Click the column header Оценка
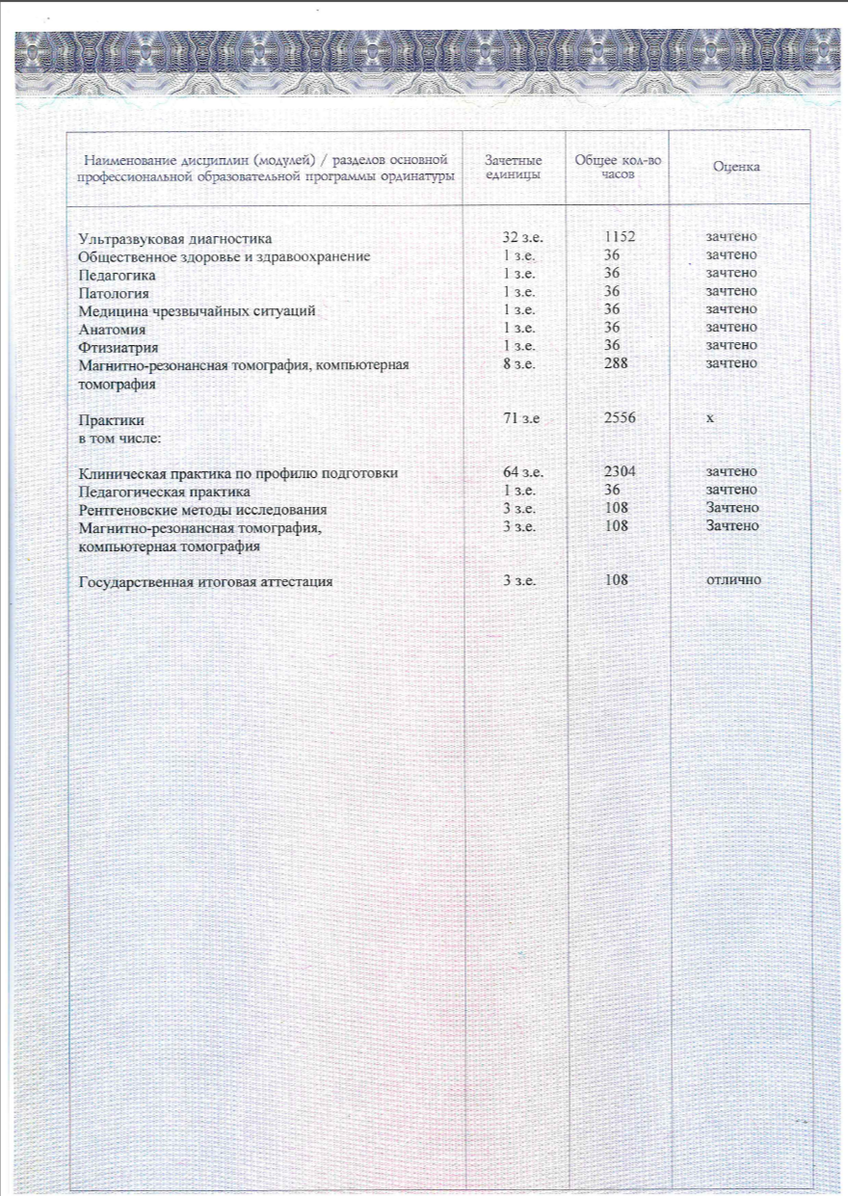point(736,167)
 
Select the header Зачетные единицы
point(514,167)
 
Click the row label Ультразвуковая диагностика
point(175,238)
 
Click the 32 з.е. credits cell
point(523,237)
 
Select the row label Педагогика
point(117,275)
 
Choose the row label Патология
point(115,292)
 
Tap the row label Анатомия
point(112,328)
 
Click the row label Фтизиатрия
point(119,346)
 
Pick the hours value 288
point(611,363)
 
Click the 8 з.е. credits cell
point(518,363)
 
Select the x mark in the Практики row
point(709,421)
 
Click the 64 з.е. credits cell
point(523,472)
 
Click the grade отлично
point(733,580)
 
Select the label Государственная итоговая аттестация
point(206,581)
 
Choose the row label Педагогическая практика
point(157,491)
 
